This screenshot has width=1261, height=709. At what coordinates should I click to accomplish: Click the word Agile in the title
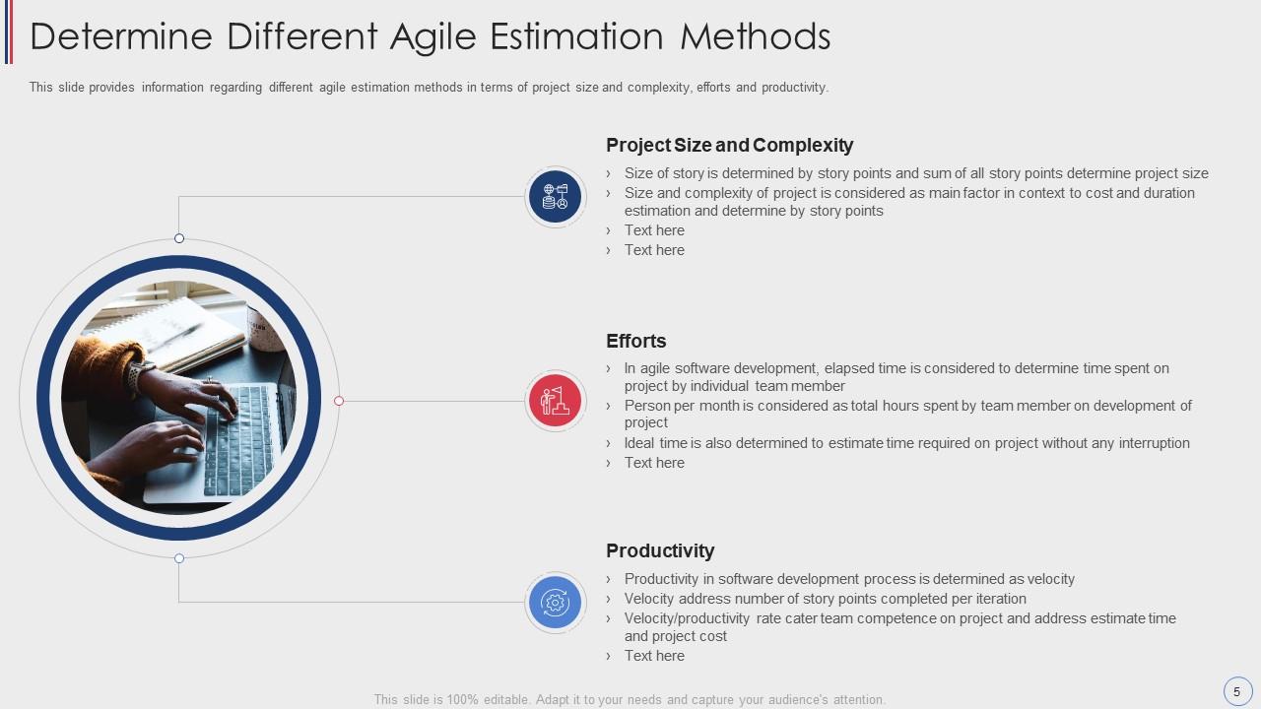click(x=432, y=37)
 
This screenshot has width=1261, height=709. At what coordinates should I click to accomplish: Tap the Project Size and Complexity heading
click(x=730, y=145)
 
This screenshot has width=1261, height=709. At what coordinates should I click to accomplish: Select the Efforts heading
click(x=636, y=341)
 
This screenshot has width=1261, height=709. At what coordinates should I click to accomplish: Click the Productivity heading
click(x=660, y=550)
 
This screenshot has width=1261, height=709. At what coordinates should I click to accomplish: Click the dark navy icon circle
click(x=555, y=197)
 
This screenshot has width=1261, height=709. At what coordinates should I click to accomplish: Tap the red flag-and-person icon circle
click(x=555, y=401)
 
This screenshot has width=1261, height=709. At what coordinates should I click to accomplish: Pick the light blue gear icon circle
click(x=555, y=603)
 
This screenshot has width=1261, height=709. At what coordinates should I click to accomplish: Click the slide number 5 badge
click(x=1236, y=691)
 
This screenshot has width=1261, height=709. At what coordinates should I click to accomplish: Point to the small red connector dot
click(x=339, y=401)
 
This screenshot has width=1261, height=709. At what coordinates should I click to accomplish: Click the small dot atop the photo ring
click(x=179, y=238)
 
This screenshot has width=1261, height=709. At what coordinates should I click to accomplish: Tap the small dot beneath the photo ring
click(x=179, y=558)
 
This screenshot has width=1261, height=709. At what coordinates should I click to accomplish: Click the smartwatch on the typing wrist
click(x=139, y=374)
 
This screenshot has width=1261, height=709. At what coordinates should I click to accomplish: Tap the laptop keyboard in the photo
click(x=242, y=439)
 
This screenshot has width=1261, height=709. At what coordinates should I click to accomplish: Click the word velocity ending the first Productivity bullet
click(x=1050, y=579)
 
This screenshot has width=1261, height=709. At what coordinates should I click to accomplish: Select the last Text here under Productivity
click(x=654, y=656)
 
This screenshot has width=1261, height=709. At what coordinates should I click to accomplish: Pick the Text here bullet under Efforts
click(x=654, y=463)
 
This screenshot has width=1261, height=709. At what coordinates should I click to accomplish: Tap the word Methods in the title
click(x=755, y=37)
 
